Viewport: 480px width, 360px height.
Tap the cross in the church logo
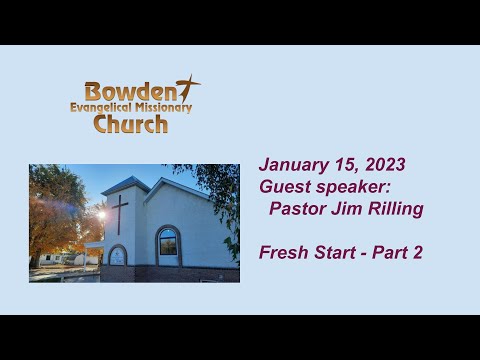click(187, 88)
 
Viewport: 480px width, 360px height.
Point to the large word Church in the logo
click(130, 124)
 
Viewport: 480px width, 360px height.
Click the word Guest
click(284, 187)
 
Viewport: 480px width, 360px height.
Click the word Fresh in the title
click(283, 252)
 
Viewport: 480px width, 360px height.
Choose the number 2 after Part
click(417, 252)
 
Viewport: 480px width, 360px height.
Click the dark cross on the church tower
click(119, 213)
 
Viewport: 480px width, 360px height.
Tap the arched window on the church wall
click(167, 245)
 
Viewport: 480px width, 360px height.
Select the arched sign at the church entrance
click(117, 256)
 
